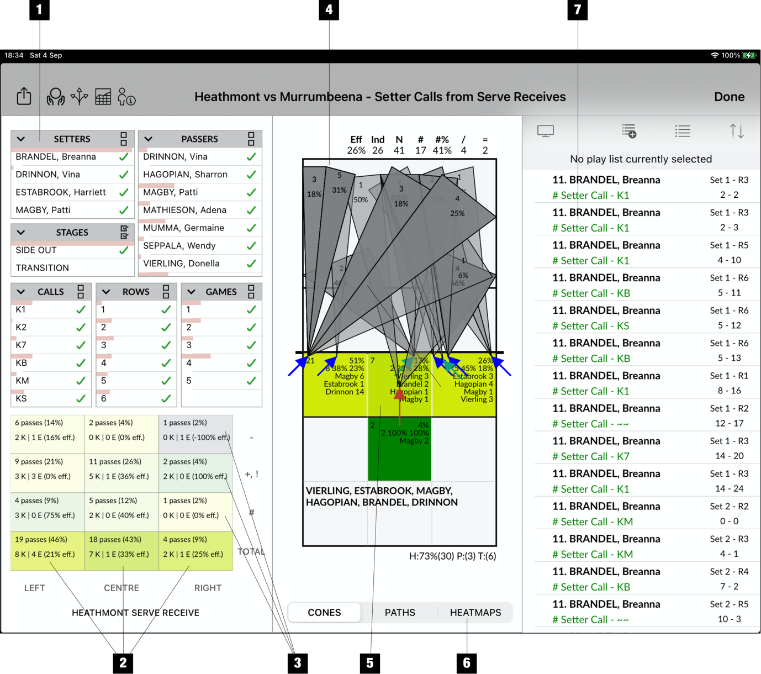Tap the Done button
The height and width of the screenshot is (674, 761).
pyautogui.click(x=729, y=97)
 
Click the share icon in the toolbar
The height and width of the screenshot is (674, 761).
pyautogui.click(x=24, y=96)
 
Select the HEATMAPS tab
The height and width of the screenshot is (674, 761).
pyautogui.click(x=475, y=612)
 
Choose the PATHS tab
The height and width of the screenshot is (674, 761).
pyautogui.click(x=400, y=612)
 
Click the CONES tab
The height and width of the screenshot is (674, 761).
pyautogui.click(x=324, y=612)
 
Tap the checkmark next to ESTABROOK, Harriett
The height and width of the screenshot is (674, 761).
pyautogui.click(x=124, y=192)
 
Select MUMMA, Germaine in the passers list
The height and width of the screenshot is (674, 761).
pyautogui.click(x=183, y=228)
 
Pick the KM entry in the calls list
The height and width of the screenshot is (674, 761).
pyautogui.click(x=23, y=381)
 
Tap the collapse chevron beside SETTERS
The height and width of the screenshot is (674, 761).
pyautogui.click(x=21, y=139)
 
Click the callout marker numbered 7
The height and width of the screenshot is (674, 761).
pyautogui.click(x=577, y=9)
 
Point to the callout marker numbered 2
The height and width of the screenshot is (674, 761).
pyautogui.click(x=123, y=663)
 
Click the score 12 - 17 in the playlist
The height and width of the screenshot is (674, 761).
pyautogui.click(x=730, y=423)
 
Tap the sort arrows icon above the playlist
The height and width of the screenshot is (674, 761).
pyautogui.click(x=736, y=131)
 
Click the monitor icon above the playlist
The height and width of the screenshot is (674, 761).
pyautogui.click(x=546, y=131)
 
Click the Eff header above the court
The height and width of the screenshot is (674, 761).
pyautogui.click(x=356, y=140)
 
